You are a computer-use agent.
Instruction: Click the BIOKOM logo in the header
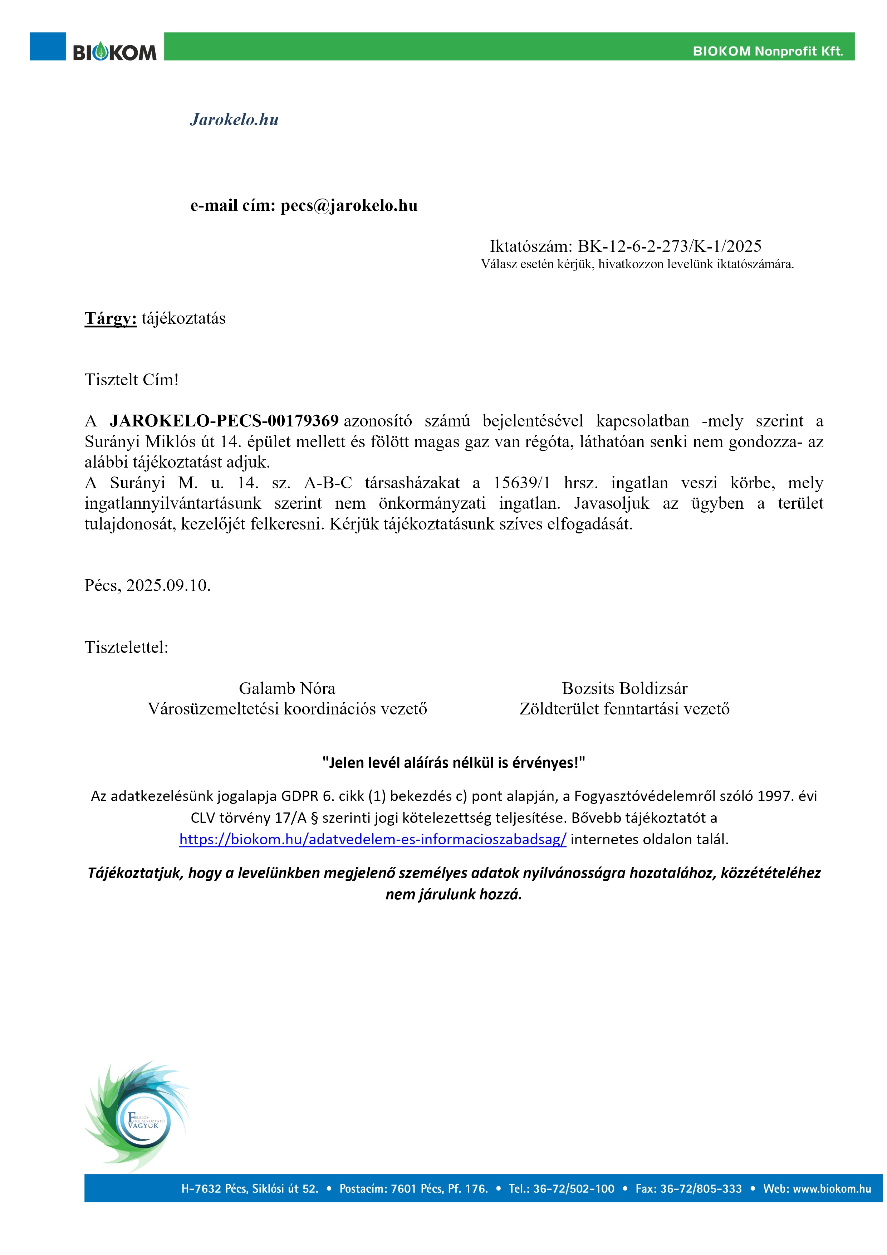115,53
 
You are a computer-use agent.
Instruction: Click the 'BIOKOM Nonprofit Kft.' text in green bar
767,52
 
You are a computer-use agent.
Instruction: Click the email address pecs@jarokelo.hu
349,205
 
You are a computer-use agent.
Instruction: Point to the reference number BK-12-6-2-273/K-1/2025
670,246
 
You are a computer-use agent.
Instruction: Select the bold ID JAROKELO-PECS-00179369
224,421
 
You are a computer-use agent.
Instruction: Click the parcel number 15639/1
522,483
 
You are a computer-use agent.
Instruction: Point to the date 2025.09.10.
168,585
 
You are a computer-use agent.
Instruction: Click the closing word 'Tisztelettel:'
126,647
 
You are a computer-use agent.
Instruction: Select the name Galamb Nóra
287,688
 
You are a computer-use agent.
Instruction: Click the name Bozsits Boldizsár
624,688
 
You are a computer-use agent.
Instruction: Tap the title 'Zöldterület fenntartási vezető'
624,709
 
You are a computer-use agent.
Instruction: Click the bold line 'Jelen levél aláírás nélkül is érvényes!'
454,762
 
